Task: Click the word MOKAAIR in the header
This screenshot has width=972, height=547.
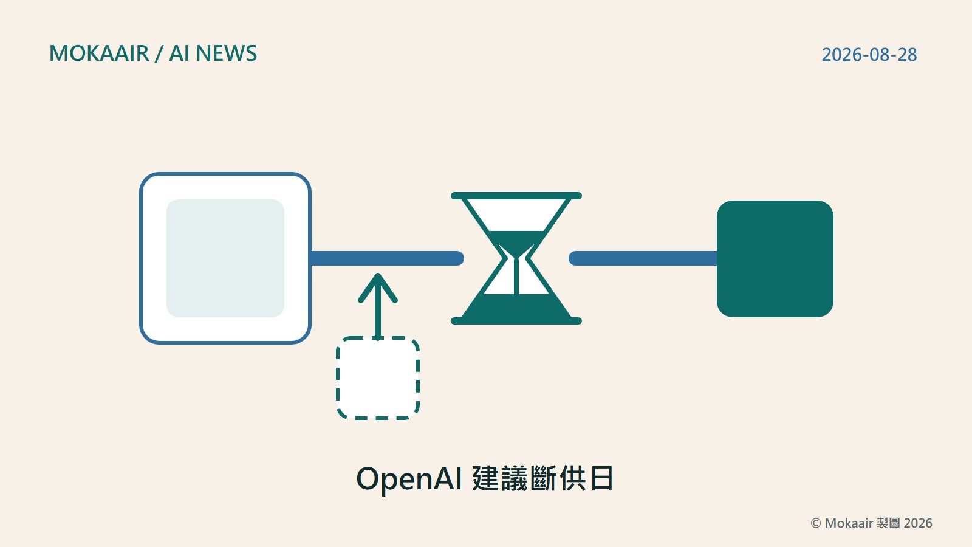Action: (x=100, y=53)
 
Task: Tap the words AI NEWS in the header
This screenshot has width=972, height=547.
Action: (x=213, y=53)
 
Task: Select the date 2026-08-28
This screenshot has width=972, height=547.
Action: (x=869, y=55)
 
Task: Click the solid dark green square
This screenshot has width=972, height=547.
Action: (x=775, y=259)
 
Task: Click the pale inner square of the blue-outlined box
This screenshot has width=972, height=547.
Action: (x=225, y=258)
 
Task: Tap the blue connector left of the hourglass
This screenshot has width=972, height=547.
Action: (x=387, y=258)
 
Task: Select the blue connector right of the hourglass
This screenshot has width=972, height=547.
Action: (x=643, y=258)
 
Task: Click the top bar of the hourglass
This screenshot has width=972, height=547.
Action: (x=516, y=196)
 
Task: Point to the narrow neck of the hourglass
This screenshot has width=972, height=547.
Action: (x=516, y=259)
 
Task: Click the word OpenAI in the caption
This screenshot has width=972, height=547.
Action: (x=409, y=479)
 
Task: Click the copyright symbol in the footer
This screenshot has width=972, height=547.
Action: (x=816, y=523)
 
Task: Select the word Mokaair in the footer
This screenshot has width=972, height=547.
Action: (x=849, y=523)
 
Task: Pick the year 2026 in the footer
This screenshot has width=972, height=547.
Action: (x=918, y=523)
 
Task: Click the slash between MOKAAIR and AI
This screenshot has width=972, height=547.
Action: (x=159, y=54)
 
